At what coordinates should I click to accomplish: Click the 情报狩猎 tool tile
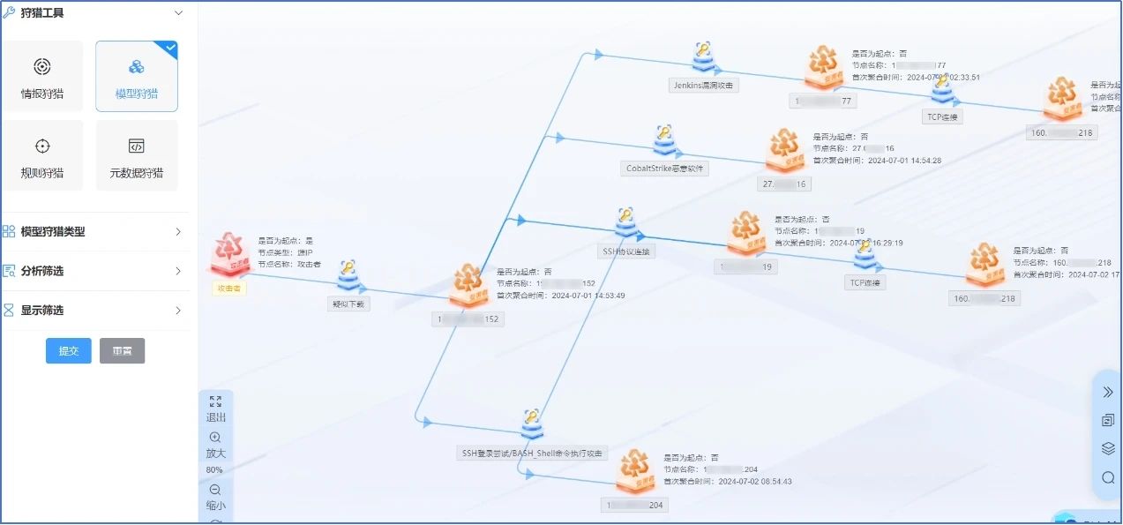tap(42, 76)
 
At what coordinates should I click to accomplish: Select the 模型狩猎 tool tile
tap(136, 76)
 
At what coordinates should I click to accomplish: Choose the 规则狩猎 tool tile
tap(42, 155)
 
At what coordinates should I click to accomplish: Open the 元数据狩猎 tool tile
tap(136, 155)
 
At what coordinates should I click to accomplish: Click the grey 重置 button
tap(122, 351)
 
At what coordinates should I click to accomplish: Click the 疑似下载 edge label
tap(348, 304)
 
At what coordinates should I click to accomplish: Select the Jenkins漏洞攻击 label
tap(703, 86)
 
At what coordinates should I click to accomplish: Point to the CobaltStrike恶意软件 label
tap(664, 168)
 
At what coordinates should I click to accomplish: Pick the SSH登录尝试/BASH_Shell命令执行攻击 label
tap(533, 454)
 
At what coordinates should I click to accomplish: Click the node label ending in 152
tap(468, 319)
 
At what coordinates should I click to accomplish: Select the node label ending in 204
tap(635, 506)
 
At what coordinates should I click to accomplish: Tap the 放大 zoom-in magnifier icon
tap(215, 438)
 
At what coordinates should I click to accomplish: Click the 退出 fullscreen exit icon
tap(215, 401)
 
